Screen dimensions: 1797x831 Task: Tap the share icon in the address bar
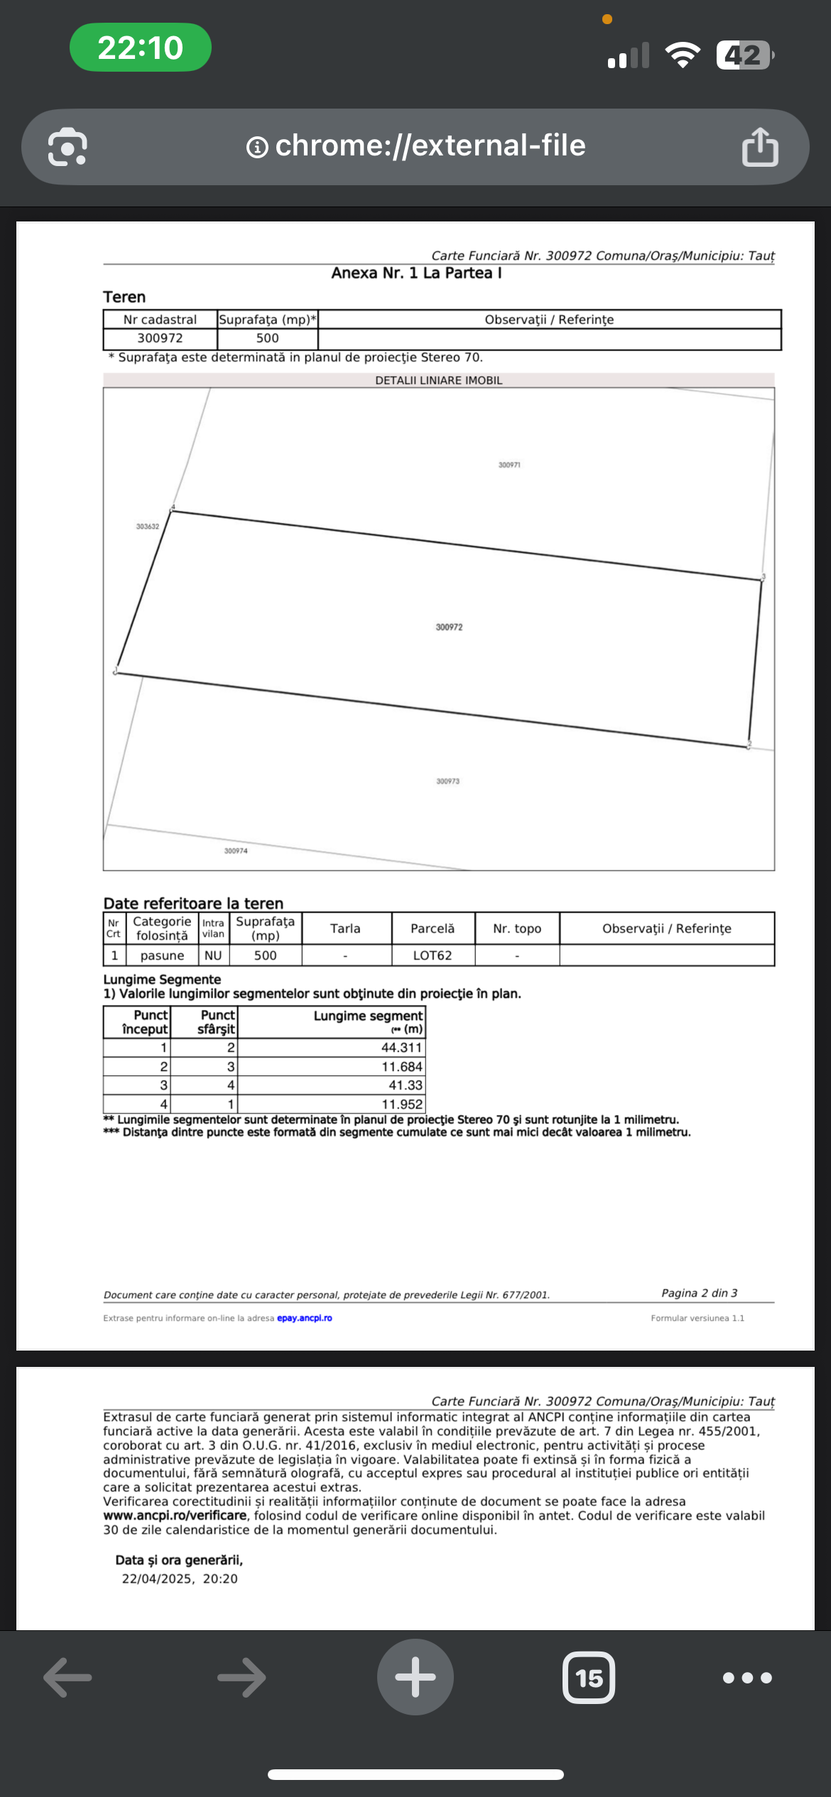click(x=760, y=147)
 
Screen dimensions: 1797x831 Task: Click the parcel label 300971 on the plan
click(x=509, y=465)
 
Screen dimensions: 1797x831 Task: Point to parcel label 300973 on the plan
click(x=447, y=781)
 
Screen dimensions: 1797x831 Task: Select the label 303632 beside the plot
click(x=148, y=527)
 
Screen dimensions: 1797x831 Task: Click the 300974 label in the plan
click(x=236, y=851)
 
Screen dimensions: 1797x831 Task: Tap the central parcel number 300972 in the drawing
click(x=449, y=627)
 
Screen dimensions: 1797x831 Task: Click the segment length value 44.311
click(x=401, y=1048)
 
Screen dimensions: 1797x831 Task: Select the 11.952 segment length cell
click(x=401, y=1104)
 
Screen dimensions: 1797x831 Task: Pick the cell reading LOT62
click(x=433, y=955)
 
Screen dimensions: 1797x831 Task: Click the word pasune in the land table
click(x=162, y=955)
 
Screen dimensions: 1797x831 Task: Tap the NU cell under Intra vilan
click(x=213, y=955)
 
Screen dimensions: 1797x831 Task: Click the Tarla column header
click(x=345, y=928)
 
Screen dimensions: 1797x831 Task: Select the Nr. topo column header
click(x=517, y=928)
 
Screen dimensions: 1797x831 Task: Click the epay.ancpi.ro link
click(x=305, y=1318)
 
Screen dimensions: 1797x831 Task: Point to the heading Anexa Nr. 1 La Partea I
click(x=416, y=273)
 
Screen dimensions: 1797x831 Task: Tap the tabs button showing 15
click(x=589, y=1678)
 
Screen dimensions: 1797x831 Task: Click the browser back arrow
click(x=68, y=1678)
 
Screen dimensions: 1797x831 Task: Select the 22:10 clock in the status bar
click(x=141, y=48)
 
